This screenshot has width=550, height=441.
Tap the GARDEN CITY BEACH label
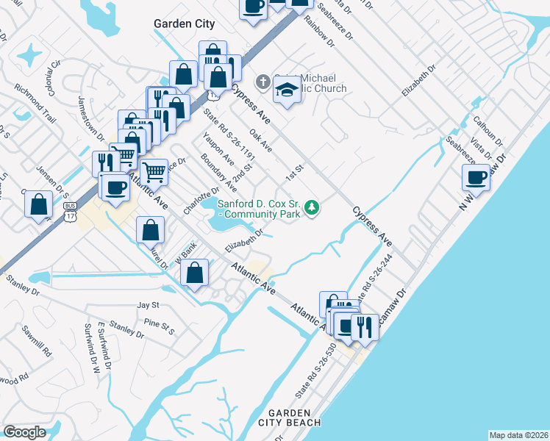point(289,417)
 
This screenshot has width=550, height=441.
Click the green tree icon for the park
point(312,208)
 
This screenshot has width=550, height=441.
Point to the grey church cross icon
point(262,81)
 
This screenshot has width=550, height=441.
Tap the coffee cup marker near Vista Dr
point(475,177)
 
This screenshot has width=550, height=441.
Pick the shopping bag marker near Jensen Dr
point(39,204)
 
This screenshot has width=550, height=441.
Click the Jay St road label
point(148,304)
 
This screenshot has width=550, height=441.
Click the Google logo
point(25,432)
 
